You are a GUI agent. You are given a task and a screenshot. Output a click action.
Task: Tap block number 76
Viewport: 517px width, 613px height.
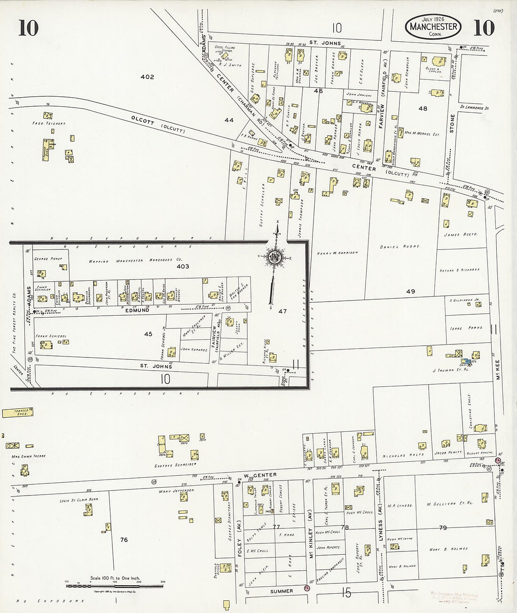coord(124,540)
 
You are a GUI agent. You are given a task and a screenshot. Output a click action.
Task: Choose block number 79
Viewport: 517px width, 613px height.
coord(442,528)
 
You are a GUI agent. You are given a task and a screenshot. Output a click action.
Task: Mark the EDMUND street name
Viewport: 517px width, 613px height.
coord(137,310)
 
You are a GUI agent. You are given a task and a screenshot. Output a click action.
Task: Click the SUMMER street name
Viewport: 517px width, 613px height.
coord(282,591)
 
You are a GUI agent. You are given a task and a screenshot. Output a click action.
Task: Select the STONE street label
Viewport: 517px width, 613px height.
coord(453,124)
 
